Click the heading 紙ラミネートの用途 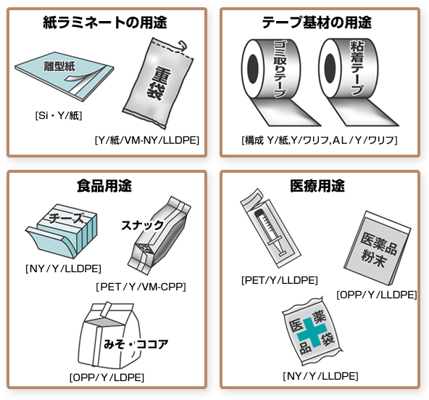[105, 23]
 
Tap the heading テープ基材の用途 [317, 23]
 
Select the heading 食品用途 [104, 186]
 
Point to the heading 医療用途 [317, 186]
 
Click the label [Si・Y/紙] [59, 115]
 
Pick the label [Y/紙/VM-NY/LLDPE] [147, 140]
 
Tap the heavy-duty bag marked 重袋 [158, 83]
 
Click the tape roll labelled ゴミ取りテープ [276, 82]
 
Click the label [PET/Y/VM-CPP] [141, 287]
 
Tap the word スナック [142, 225]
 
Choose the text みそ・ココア [136, 344]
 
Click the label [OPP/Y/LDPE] [107, 377]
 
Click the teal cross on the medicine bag [312, 332]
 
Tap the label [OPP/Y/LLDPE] [377, 295]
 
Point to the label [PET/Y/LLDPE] [279, 280]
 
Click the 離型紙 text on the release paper [59, 66]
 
